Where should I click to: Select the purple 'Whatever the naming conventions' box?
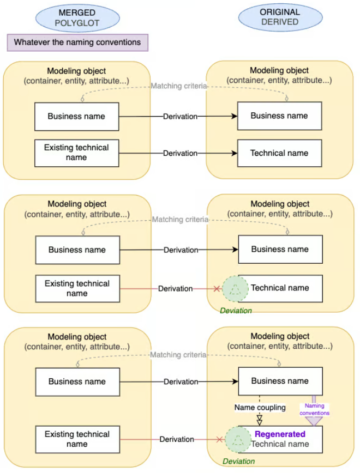coord(77,42)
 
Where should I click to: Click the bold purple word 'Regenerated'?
coord(280,434)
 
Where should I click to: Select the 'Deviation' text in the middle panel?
coord(236,311)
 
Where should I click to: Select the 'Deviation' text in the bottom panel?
coord(238,461)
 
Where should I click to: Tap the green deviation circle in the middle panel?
coord(236,288)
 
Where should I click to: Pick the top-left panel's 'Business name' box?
coord(76,116)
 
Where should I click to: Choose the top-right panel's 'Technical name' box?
coord(279,153)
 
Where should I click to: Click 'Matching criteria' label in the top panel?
coord(179,86)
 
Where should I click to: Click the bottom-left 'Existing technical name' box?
coord(77,439)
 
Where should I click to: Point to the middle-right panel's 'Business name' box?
coord(280,250)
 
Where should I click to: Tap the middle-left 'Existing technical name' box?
coord(77,288)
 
